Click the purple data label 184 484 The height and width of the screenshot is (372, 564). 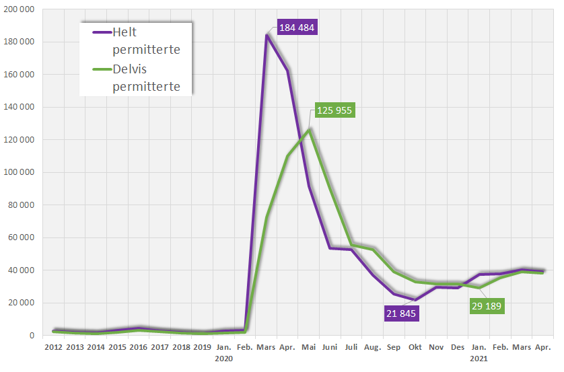pyautogui.click(x=296, y=28)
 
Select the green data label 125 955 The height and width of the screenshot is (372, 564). pyautogui.click(x=334, y=110)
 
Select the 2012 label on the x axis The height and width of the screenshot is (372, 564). pyautogui.click(x=53, y=347)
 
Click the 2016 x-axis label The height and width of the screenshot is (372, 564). pyautogui.click(x=139, y=347)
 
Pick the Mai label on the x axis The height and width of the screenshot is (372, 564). pyautogui.click(x=309, y=347)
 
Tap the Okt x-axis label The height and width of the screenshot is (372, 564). pyautogui.click(x=415, y=347)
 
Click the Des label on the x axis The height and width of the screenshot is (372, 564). pyautogui.click(x=458, y=347)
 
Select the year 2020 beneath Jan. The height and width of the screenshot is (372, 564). pyautogui.click(x=223, y=359)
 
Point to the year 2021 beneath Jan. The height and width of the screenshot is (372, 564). pyautogui.click(x=479, y=359)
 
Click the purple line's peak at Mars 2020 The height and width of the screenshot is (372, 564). pyautogui.click(x=267, y=35)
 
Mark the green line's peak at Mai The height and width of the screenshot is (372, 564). pyautogui.click(x=309, y=129)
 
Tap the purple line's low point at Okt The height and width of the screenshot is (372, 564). pyautogui.click(x=415, y=300)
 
